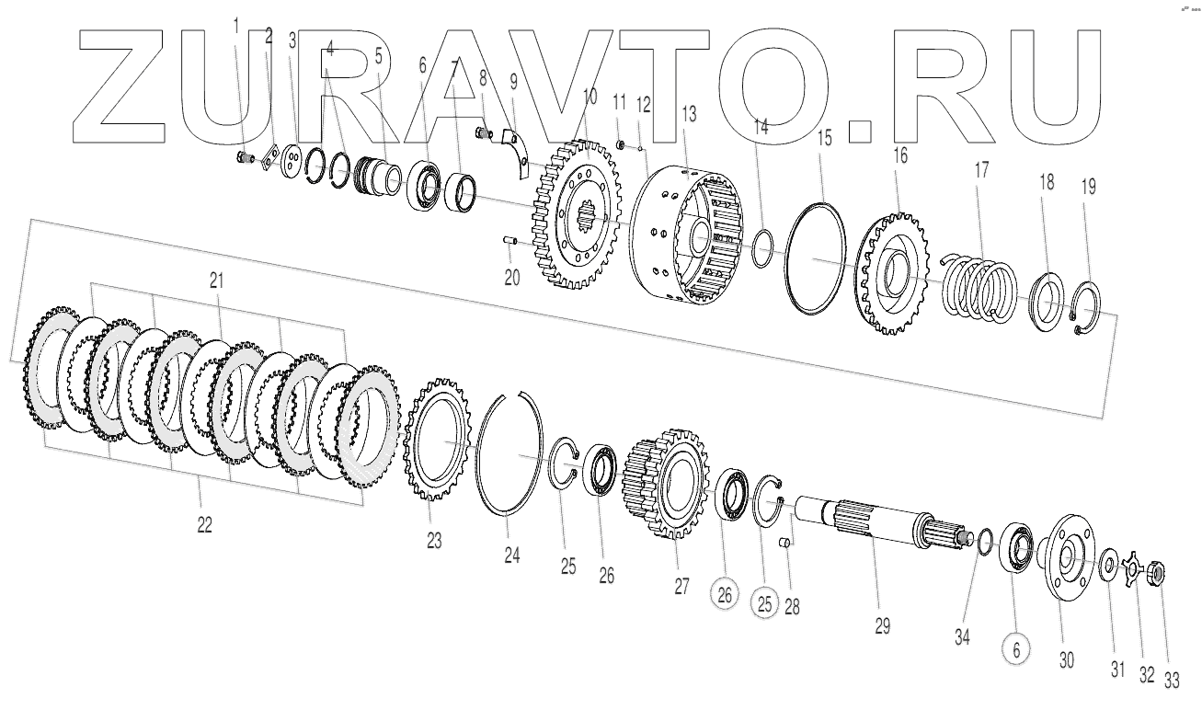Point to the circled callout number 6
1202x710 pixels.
pos(1016,649)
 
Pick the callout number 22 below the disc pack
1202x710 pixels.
pos(204,524)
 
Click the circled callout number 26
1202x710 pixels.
pos(725,595)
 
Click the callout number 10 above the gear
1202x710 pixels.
pos(590,95)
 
